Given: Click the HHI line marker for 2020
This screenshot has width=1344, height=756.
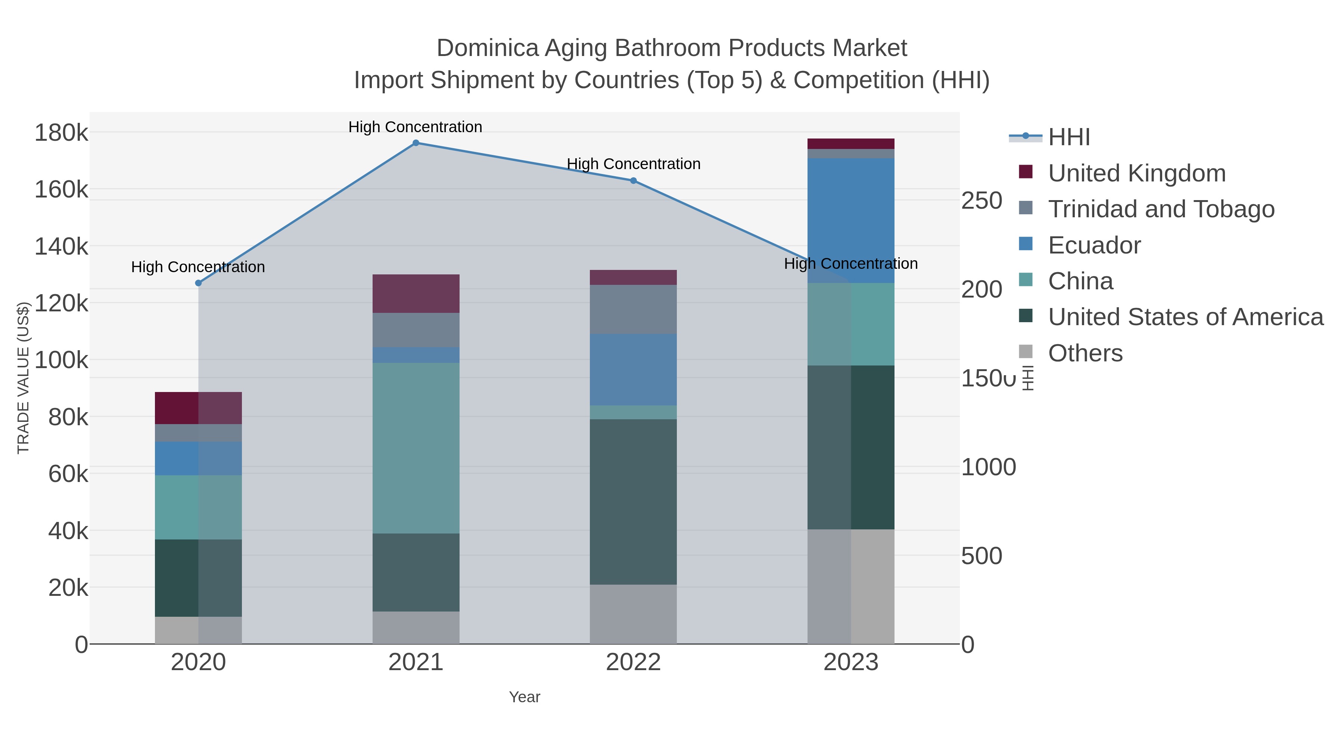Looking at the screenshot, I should (198, 283).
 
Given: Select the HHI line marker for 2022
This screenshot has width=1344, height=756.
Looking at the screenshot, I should (634, 181).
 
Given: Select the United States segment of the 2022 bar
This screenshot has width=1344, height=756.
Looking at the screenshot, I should (634, 501).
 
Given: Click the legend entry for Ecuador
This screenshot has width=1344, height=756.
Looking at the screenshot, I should (1094, 245).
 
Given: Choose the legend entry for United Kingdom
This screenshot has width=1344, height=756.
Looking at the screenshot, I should (1136, 173).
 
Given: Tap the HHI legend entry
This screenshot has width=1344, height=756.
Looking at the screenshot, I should (1068, 137).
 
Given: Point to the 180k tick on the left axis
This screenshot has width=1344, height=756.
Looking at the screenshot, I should (62, 133).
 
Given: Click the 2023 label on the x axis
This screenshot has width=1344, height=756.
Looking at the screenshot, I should (851, 663).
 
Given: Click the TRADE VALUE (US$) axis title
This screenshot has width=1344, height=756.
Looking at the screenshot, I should (24, 378).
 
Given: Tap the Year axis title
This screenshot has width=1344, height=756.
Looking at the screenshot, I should (525, 697).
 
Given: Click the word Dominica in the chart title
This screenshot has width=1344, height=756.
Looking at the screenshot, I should (487, 48).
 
